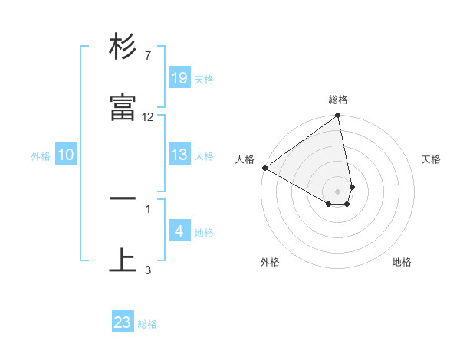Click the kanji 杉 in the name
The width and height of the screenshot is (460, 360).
click(123, 47)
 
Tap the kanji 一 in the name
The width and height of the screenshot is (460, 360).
click(123, 198)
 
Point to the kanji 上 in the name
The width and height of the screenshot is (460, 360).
click(123, 260)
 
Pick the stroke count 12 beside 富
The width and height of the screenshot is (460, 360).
click(148, 117)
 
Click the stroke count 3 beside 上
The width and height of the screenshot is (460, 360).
click(147, 269)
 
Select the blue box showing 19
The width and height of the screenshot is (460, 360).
click(179, 78)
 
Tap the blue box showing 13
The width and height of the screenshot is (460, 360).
click(179, 155)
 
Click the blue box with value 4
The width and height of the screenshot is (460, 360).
click(179, 231)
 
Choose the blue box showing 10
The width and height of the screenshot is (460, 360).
click(66, 155)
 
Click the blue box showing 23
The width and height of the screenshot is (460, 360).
click(123, 322)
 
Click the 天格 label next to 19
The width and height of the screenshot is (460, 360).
click(204, 79)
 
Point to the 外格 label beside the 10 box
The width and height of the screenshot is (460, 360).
click(41, 155)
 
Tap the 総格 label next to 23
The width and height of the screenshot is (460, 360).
click(147, 323)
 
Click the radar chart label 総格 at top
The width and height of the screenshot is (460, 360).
click(338, 100)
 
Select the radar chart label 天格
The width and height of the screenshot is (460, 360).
click(432, 159)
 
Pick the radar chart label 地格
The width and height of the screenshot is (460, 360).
click(402, 263)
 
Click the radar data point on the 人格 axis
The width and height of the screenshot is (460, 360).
click(264, 168)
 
